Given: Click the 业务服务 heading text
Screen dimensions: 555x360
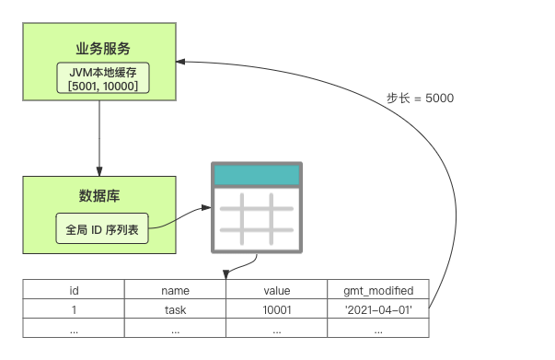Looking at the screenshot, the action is tap(103, 49).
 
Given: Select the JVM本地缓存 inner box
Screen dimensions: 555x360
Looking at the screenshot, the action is tap(103, 78).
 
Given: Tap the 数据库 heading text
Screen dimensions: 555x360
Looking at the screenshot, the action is tap(99, 196).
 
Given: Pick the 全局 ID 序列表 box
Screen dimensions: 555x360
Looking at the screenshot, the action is tap(102, 228).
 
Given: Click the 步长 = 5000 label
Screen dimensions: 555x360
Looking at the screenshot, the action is tap(420, 98).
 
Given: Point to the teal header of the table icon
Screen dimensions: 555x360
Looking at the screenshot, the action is tap(257, 175).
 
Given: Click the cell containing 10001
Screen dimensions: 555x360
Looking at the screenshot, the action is tap(277, 308).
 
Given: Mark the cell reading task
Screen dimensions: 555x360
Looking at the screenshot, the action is tap(175, 308).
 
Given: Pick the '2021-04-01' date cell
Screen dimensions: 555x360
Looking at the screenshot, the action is tap(378, 308).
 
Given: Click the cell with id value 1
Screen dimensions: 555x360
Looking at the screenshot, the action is tap(74, 308).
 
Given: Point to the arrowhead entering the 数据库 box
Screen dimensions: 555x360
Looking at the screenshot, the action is tap(99, 171).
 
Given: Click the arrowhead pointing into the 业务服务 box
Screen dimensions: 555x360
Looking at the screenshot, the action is tap(181, 62).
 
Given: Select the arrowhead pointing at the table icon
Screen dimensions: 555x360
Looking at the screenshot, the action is tap(206, 207).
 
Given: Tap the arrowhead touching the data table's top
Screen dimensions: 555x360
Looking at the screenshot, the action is tap(226, 274).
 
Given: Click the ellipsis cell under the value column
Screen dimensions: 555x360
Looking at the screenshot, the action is tap(277, 328).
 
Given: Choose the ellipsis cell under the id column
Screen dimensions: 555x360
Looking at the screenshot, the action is tap(74, 328).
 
